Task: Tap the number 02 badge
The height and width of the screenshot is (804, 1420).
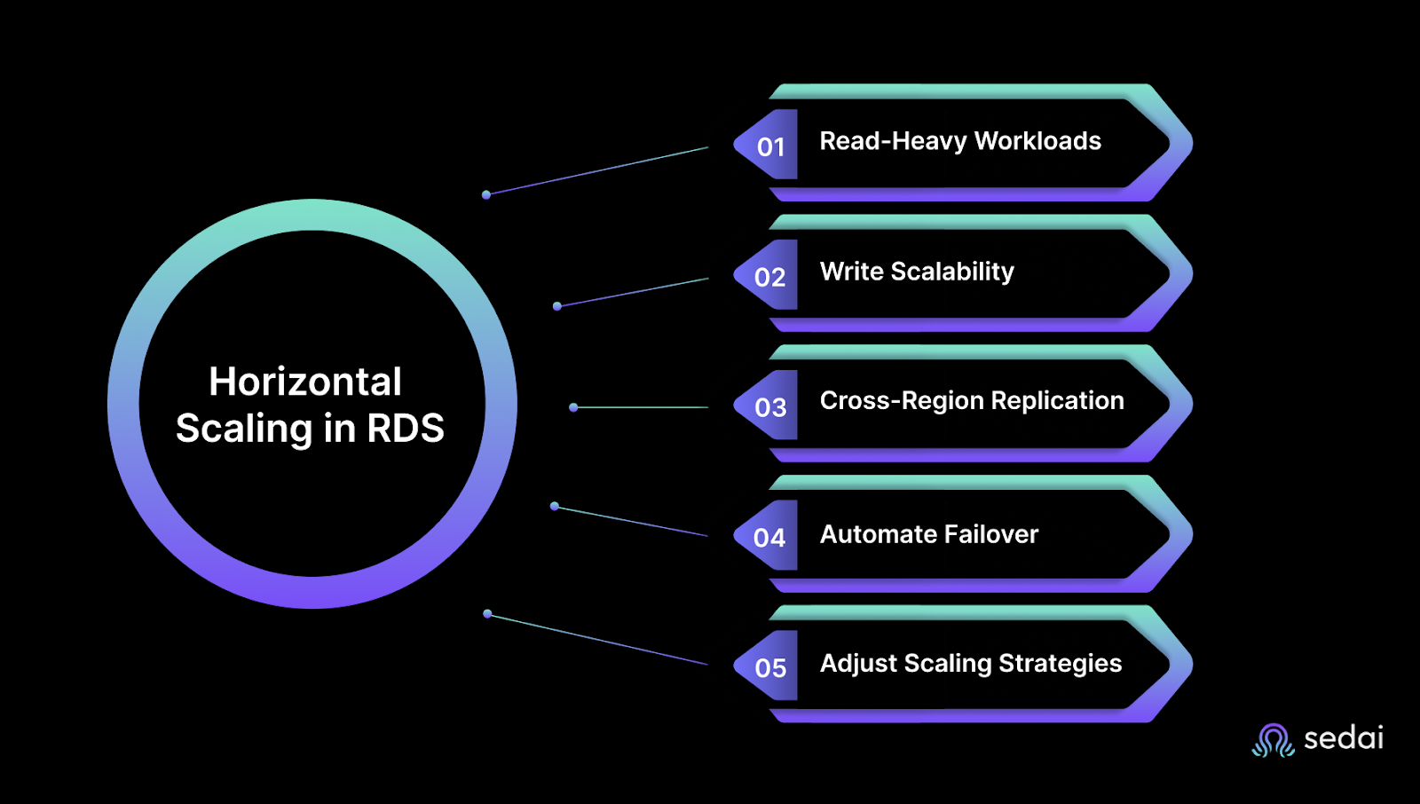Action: (769, 277)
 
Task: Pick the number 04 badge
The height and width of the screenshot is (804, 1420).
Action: (769, 538)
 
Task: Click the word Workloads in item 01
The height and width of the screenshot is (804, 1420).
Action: (1037, 141)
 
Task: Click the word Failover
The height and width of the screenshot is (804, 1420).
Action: (990, 534)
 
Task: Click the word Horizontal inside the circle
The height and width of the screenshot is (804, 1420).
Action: (305, 382)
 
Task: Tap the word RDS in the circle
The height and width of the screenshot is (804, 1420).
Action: (406, 429)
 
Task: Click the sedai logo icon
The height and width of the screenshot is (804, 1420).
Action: (1274, 740)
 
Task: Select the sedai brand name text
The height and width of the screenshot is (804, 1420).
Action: (1343, 738)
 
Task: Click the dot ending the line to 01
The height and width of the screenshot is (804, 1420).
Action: (486, 194)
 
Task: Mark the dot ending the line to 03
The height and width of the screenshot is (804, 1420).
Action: (573, 407)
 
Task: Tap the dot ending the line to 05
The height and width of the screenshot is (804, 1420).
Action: (487, 613)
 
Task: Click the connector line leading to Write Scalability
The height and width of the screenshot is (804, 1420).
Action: (633, 293)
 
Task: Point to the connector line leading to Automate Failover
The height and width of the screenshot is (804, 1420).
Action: (632, 521)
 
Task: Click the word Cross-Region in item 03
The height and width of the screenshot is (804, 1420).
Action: (902, 401)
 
